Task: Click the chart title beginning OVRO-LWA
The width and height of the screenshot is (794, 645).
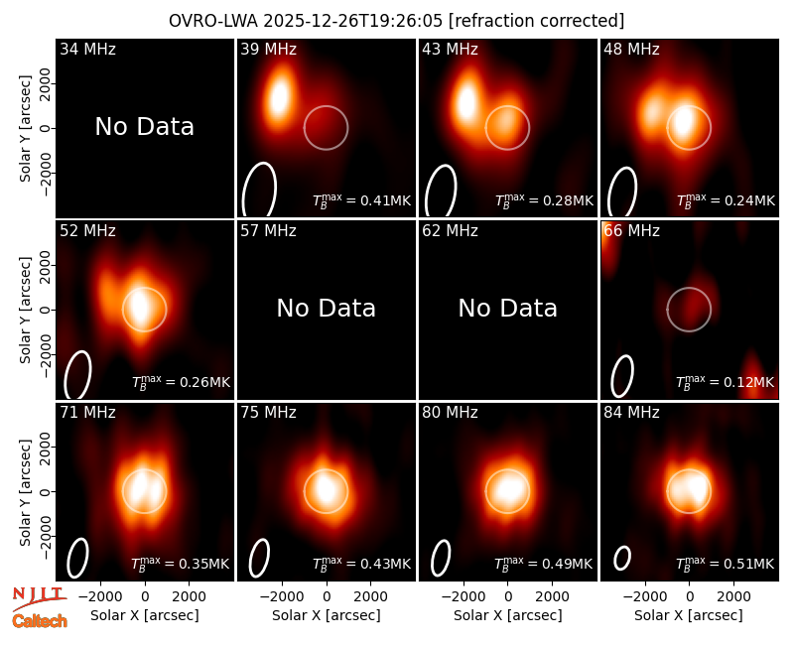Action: click(x=396, y=21)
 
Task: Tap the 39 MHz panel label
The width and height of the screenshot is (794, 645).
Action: click(x=268, y=49)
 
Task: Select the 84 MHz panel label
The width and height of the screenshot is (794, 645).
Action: click(x=631, y=413)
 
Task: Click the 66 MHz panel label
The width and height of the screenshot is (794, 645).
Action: click(x=631, y=231)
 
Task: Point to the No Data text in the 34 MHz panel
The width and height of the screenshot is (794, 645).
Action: click(x=144, y=127)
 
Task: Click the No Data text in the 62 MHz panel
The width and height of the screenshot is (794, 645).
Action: click(x=508, y=308)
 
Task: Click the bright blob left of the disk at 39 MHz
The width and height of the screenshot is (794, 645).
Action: click(x=279, y=97)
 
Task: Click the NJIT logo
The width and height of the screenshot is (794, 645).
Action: click(x=39, y=597)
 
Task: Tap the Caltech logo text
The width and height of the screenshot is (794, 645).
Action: click(x=40, y=621)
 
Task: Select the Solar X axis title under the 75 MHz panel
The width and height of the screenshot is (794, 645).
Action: click(x=327, y=615)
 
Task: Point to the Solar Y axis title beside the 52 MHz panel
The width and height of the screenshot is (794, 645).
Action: click(x=26, y=310)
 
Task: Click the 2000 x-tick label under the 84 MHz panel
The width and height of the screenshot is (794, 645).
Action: click(x=733, y=597)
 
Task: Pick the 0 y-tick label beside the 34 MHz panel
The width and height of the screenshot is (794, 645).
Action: click(x=46, y=128)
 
